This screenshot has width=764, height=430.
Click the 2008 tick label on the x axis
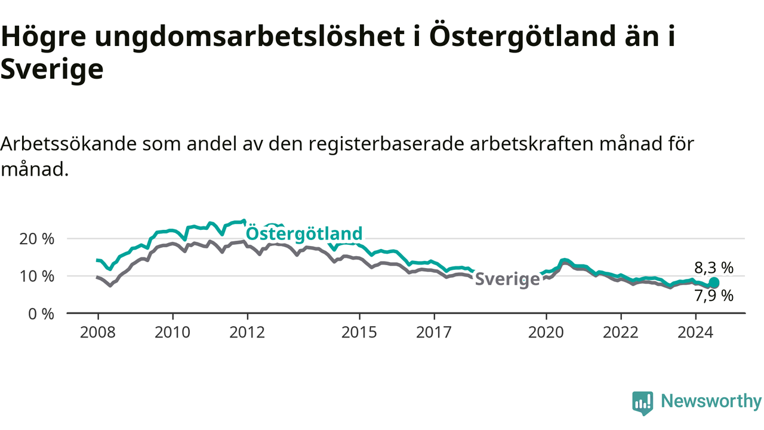pos(97,332)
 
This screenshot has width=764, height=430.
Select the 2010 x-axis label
pos(172,332)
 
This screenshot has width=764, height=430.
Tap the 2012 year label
pos(247,332)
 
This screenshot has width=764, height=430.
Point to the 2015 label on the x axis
pos(359,332)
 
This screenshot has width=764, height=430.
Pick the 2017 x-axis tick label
pos(434,332)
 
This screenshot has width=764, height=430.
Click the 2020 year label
pos(546,332)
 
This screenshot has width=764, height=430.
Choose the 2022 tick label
pos(621,332)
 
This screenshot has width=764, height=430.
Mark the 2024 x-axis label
pos(695,332)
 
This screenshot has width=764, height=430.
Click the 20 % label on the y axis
pos(36,239)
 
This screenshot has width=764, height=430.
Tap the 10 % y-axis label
pos(36,276)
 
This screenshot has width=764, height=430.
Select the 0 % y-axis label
pos(41,314)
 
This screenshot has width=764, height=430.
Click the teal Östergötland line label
pos(304,234)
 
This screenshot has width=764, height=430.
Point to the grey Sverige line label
pos(507,279)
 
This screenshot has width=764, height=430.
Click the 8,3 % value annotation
pos(714,268)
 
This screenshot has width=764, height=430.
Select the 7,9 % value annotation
pos(714,296)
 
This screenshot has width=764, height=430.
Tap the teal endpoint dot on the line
pos(714,282)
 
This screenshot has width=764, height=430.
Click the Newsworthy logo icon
pos(643,403)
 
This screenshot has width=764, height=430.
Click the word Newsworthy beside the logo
pos(711,401)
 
